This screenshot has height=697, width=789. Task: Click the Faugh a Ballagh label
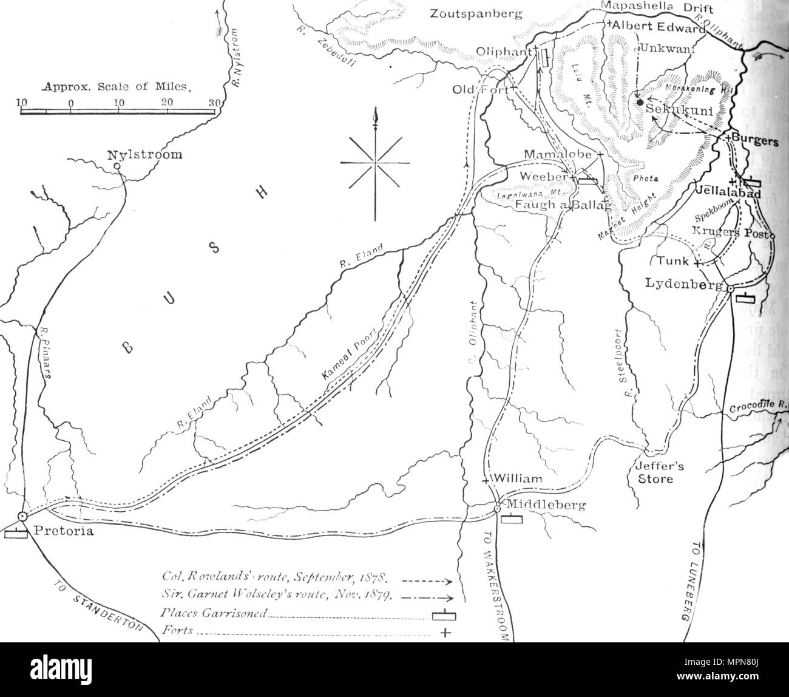[x=563, y=206]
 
